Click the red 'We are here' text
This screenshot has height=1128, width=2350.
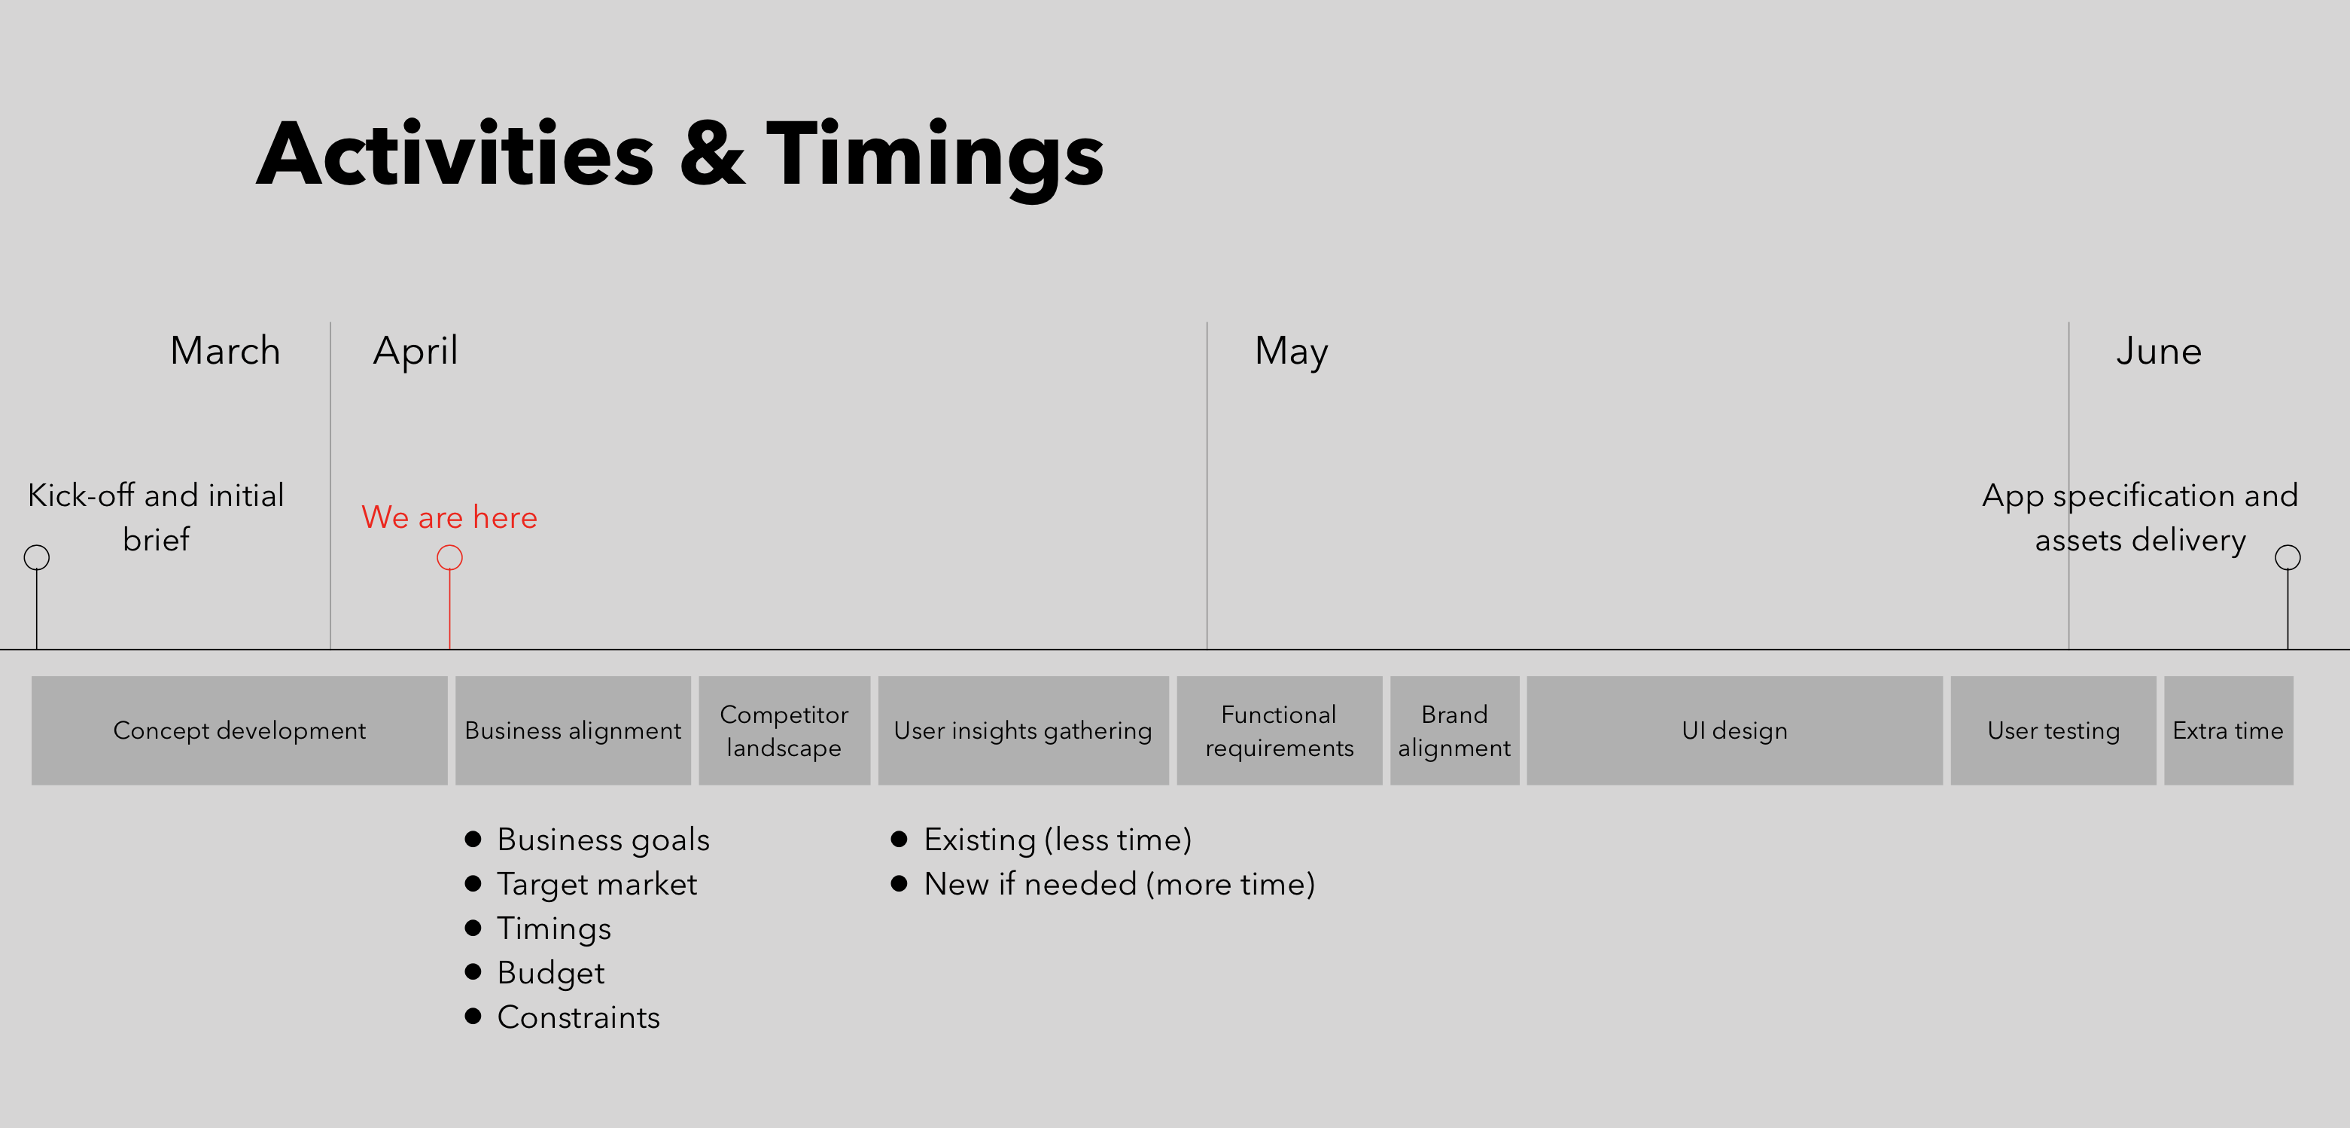pyautogui.click(x=449, y=517)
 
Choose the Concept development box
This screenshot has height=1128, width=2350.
pyautogui.click(x=239, y=731)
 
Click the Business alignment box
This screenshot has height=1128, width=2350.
pyautogui.click(x=573, y=731)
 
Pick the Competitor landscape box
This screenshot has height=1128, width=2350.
pyautogui.click(x=784, y=731)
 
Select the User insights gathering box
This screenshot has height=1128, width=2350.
pyautogui.click(x=1024, y=731)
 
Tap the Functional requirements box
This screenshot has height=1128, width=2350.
pyautogui.click(x=1280, y=731)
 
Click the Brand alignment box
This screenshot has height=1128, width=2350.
pyautogui.click(x=1455, y=731)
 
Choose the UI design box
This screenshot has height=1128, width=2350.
pyautogui.click(x=1735, y=731)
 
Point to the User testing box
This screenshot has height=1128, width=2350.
pyautogui.click(x=2053, y=731)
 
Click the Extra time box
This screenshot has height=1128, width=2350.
pyautogui.click(x=2229, y=731)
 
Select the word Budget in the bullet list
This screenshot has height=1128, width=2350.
pyautogui.click(x=551, y=974)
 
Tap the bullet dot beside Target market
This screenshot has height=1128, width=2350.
pyautogui.click(x=473, y=883)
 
